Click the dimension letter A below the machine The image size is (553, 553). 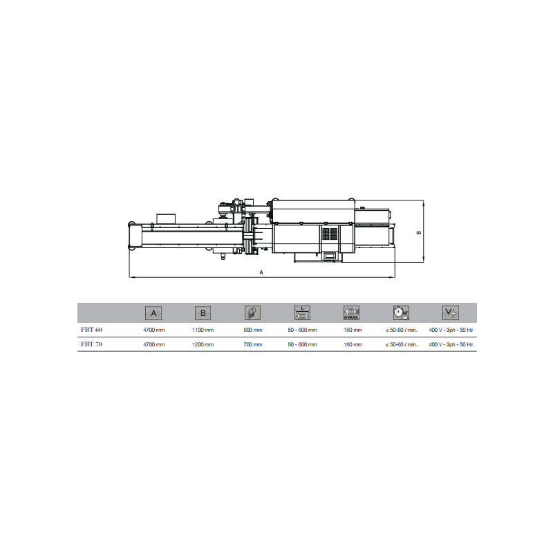coord(261,272)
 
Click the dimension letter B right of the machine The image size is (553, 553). coord(419,232)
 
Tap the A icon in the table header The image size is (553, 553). coord(153,313)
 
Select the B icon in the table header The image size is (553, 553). coord(203,313)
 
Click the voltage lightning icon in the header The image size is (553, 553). coord(451,312)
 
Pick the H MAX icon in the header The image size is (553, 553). coord(351,313)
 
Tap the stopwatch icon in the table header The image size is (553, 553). coord(401,313)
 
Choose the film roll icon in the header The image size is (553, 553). coord(252,313)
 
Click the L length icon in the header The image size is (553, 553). coord(302,313)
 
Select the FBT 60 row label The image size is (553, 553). coord(91,330)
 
